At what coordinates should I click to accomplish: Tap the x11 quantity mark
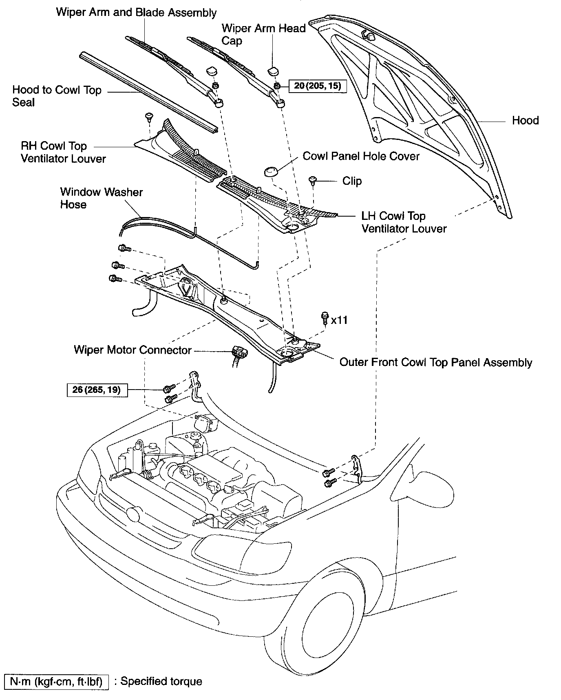click(339, 320)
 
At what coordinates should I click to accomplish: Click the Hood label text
click(525, 120)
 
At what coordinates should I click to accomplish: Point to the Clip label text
click(351, 181)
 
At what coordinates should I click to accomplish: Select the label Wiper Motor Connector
click(133, 350)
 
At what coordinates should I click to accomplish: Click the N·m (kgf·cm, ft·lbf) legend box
click(56, 682)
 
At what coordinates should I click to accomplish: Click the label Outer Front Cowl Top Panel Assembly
click(435, 363)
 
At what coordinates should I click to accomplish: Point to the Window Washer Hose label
click(101, 198)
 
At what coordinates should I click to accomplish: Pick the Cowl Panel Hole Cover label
click(361, 156)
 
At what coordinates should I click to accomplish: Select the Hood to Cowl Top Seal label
click(57, 96)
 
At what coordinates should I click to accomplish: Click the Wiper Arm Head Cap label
click(263, 34)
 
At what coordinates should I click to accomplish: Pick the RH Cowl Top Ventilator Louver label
click(63, 152)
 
